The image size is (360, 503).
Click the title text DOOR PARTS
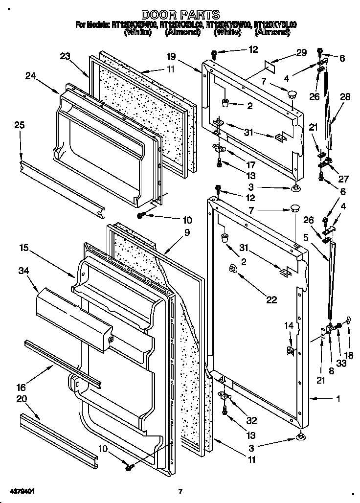[180, 15]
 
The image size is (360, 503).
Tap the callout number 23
[66, 56]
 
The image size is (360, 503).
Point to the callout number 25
[19, 125]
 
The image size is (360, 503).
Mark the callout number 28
[345, 97]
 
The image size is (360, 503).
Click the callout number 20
[22, 399]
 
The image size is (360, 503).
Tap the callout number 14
[290, 325]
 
